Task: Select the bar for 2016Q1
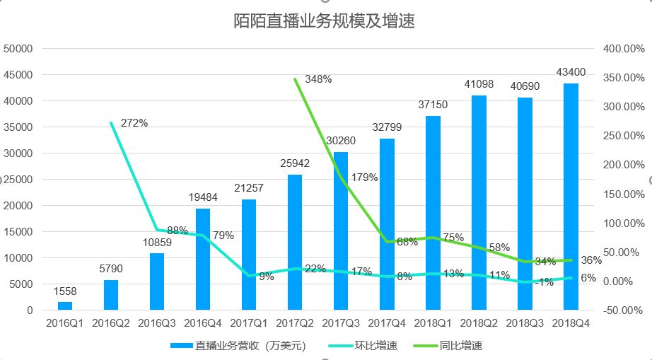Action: pyautogui.click(x=65, y=306)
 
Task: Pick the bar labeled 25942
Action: pyautogui.click(x=295, y=242)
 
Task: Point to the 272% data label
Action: pyautogui.click(x=134, y=123)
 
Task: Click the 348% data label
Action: pyautogui.click(x=318, y=79)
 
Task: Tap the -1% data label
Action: pyautogui.click(x=545, y=281)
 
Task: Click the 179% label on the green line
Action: pyautogui.click(x=365, y=178)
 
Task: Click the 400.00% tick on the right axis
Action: pyautogui.click(x=623, y=49)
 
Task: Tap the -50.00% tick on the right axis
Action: pyautogui.click(x=623, y=310)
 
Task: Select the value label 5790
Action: pyautogui.click(x=111, y=269)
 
